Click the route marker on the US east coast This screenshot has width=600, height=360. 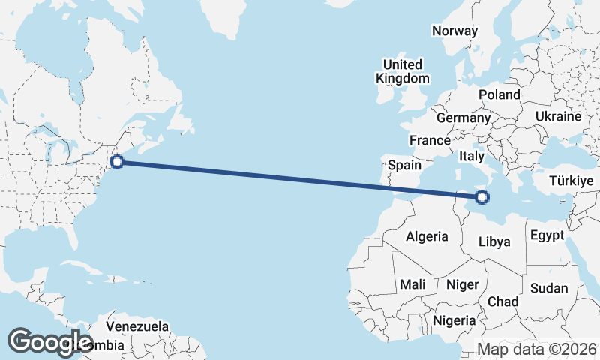pos(117,160)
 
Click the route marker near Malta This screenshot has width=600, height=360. pos(481,198)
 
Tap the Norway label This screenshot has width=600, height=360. pos(454,31)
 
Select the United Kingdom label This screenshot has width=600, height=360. pos(403,71)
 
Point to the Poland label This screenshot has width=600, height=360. pos(499,94)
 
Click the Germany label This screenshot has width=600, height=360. pos(463,118)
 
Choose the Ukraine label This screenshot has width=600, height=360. pos(558,116)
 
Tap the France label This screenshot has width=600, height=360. pos(430,140)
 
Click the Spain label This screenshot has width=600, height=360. pos(404,165)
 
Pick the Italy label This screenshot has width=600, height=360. pos(472,157)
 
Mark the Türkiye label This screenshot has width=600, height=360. pos(571,181)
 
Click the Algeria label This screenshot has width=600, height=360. pos(427,236)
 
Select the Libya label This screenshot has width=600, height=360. pos(494,241)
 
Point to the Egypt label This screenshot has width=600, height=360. pos(546,235)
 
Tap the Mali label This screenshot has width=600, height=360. pos(412,284)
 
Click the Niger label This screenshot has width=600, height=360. pos(461,284)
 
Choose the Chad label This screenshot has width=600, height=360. pos(502,301)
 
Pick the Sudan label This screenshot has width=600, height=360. pos(549,288)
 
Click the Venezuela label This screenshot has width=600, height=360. pos(137,326)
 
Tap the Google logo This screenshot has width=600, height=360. pos(51,342)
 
